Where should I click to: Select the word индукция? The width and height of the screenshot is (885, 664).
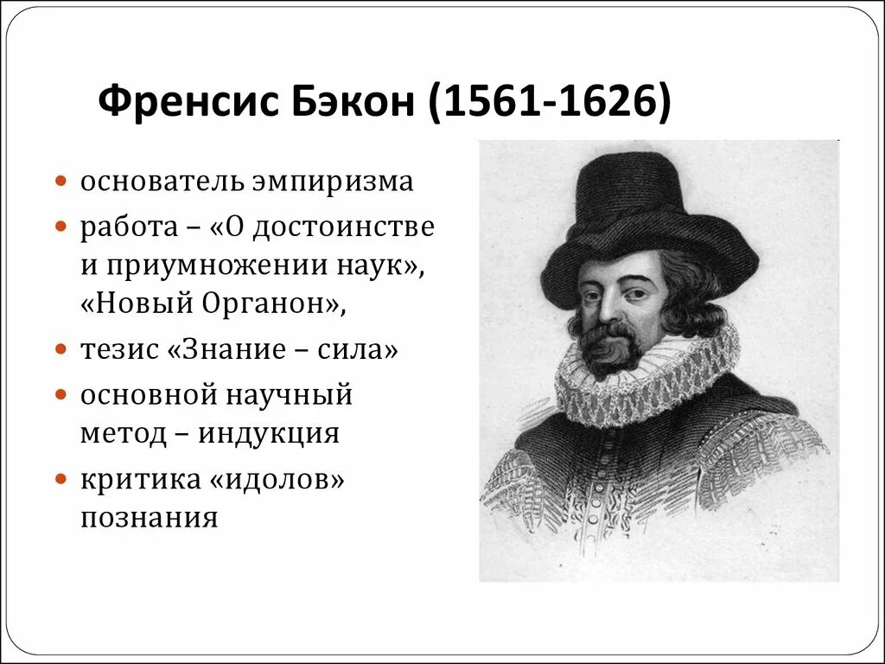pyautogui.click(x=269, y=432)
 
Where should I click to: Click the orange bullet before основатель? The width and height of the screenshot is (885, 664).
pyautogui.click(x=61, y=183)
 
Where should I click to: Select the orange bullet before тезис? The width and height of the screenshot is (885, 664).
pyautogui.click(x=61, y=350)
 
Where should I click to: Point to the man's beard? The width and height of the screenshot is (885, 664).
pyautogui.click(x=609, y=350)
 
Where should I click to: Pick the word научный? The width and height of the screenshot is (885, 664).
pyautogui.click(x=290, y=395)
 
